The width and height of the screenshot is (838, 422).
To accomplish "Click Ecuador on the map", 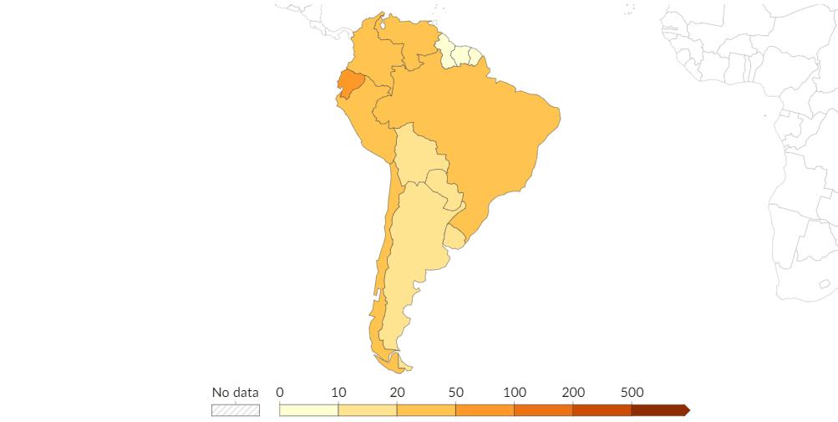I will coord(350,84).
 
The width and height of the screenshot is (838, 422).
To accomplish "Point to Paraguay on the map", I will coord(443,188).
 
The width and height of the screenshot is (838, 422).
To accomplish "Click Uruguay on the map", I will coord(455,237).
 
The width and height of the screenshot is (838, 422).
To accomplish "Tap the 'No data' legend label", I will coord(235,393).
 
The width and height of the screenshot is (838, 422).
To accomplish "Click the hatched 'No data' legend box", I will coord(235,410).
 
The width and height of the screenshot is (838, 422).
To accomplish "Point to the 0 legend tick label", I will coord(280,393).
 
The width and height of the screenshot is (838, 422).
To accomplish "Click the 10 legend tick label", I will coord(338,393).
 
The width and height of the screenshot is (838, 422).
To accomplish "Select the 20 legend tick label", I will coord(397,393).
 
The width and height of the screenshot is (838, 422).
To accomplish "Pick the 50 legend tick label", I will coord(455,393).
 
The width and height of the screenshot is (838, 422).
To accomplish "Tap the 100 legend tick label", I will coord(514,393).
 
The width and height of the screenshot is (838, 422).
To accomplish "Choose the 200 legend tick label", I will coord(572,393).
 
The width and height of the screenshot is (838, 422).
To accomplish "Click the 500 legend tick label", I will coord(632,393).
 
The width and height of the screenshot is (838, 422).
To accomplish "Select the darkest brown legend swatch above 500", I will coord(659,410).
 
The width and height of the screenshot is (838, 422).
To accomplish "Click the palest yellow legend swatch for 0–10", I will coord(308,410).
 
